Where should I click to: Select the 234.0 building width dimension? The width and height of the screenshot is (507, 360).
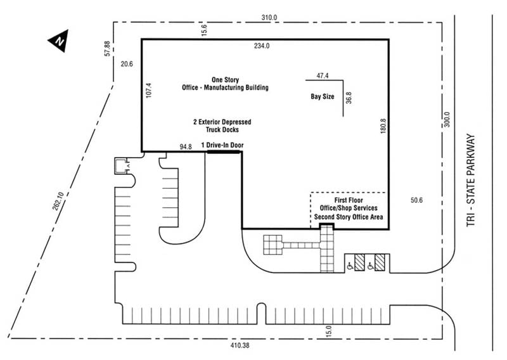click(x=262, y=46)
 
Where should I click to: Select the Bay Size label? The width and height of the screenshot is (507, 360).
click(x=322, y=97)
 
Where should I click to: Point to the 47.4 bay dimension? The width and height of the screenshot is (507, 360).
click(x=322, y=75)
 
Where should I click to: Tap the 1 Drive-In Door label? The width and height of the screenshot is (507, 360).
click(x=222, y=145)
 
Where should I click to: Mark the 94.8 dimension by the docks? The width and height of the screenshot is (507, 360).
click(x=186, y=146)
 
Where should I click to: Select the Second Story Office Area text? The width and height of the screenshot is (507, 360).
click(x=349, y=217)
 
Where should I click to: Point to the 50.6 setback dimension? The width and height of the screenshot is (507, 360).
click(x=416, y=201)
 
